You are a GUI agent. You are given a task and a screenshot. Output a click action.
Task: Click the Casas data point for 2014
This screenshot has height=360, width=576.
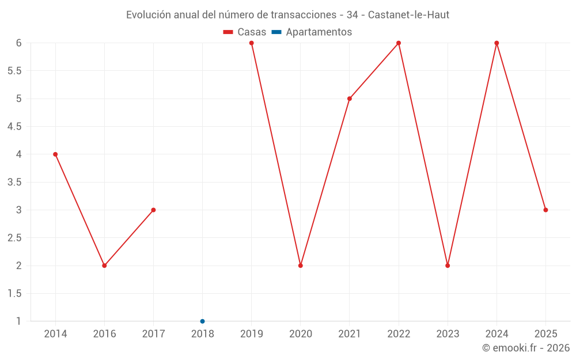(x=55, y=154)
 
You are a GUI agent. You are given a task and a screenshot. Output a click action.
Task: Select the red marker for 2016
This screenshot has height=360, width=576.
(x=104, y=266)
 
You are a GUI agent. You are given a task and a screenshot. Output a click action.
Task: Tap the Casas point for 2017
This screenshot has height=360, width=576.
(x=153, y=210)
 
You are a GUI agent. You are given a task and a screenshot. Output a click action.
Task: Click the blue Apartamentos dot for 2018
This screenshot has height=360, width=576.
(x=202, y=321)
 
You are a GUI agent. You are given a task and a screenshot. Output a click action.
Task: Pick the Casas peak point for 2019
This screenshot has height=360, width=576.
(x=252, y=43)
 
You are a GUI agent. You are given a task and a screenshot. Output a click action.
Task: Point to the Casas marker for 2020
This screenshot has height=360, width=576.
(x=301, y=266)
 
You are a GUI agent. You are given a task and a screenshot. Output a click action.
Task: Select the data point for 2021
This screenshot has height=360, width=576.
(x=350, y=98)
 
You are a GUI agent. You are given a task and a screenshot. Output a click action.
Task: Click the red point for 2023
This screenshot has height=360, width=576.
(x=448, y=266)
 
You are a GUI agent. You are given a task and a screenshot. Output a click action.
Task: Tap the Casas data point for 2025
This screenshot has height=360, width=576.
(x=545, y=210)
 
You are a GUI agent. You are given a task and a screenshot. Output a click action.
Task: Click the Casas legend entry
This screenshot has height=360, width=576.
(x=245, y=32)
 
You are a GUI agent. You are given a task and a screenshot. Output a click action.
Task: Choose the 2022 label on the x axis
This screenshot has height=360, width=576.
(x=399, y=334)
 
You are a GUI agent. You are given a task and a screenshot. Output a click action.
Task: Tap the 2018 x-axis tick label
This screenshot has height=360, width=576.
(x=202, y=334)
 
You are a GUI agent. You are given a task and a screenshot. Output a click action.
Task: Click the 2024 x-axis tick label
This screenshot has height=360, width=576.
(x=497, y=334)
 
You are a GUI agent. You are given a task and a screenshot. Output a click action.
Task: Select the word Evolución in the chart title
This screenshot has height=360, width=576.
(x=148, y=14)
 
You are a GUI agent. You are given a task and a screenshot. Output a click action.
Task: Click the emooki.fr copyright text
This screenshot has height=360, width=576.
(x=526, y=348)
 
